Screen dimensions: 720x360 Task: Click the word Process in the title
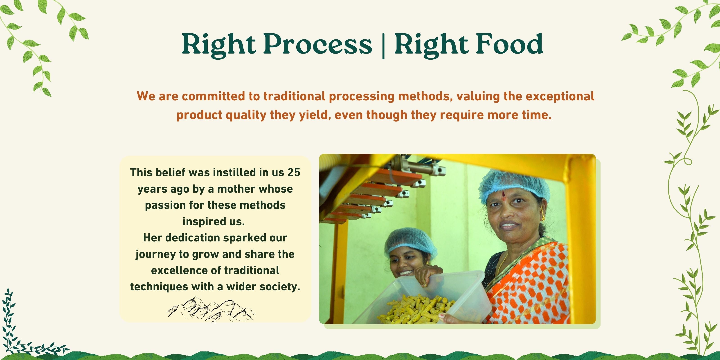tap(318, 44)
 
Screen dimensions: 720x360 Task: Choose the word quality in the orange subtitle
tap(246, 115)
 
